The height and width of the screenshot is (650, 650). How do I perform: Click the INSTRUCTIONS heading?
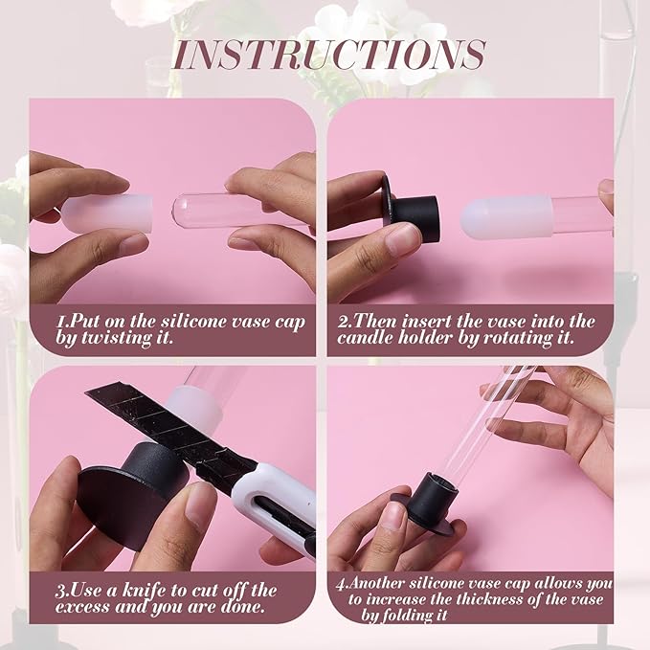pos(328,55)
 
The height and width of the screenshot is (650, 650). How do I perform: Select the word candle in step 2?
pos(365,338)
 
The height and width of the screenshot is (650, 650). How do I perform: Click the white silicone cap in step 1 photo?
pos(107,214)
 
